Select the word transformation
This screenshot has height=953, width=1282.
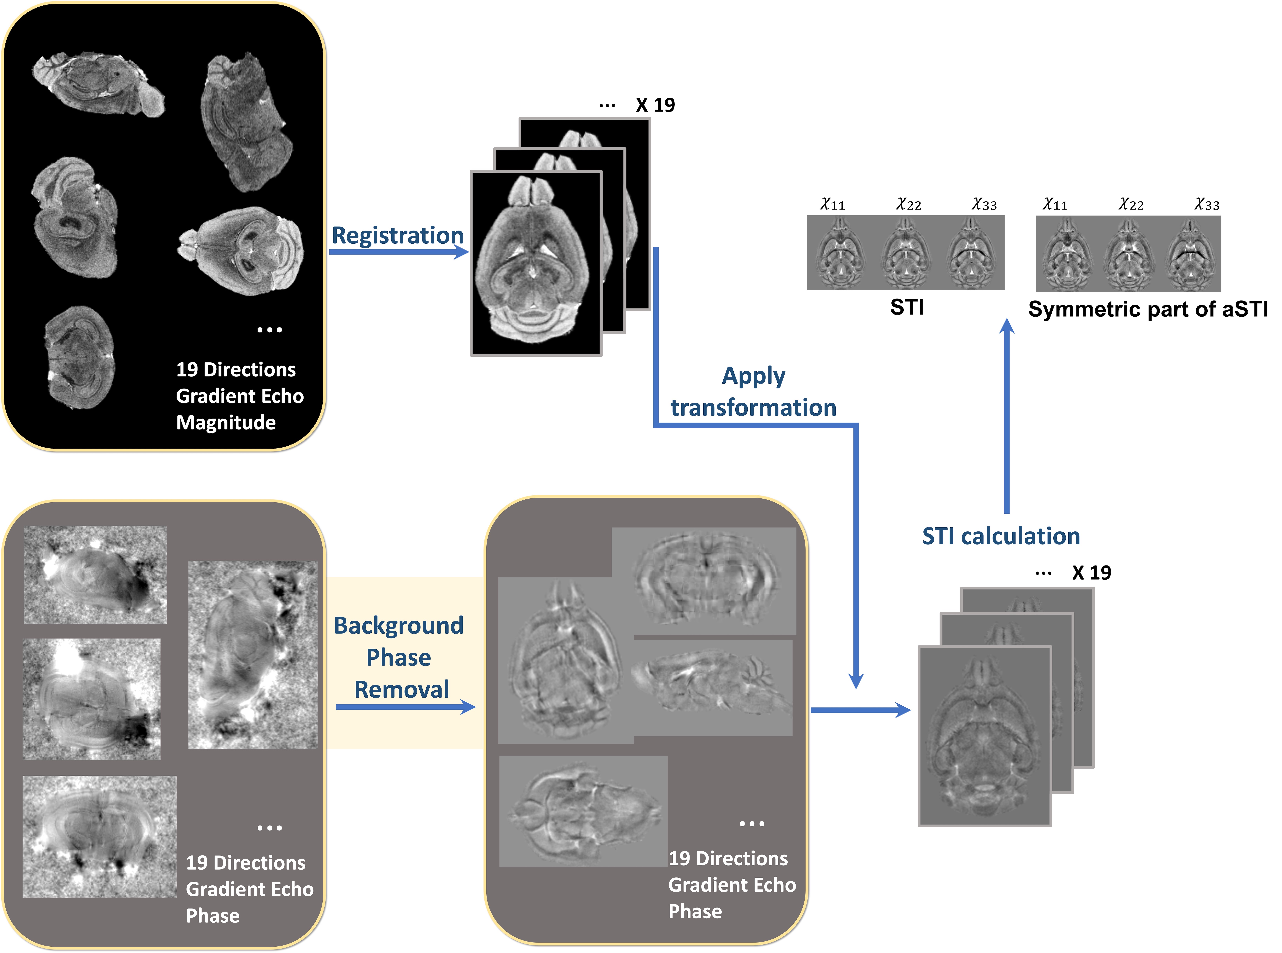click(x=753, y=407)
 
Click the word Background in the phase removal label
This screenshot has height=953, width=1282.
click(x=399, y=625)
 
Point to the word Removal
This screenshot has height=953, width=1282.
click(x=401, y=689)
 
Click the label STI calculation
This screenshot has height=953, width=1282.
click(x=1001, y=536)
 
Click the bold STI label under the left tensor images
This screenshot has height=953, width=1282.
click(x=907, y=307)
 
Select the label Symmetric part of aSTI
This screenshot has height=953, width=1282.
click(x=1148, y=309)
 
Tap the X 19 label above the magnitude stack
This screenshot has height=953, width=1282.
click(x=655, y=105)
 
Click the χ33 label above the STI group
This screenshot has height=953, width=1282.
click(x=984, y=204)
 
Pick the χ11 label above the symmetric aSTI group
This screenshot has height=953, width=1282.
click(x=1055, y=204)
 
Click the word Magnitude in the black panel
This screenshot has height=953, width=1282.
click(x=226, y=422)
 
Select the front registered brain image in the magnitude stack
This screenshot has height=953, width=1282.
click(x=536, y=263)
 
